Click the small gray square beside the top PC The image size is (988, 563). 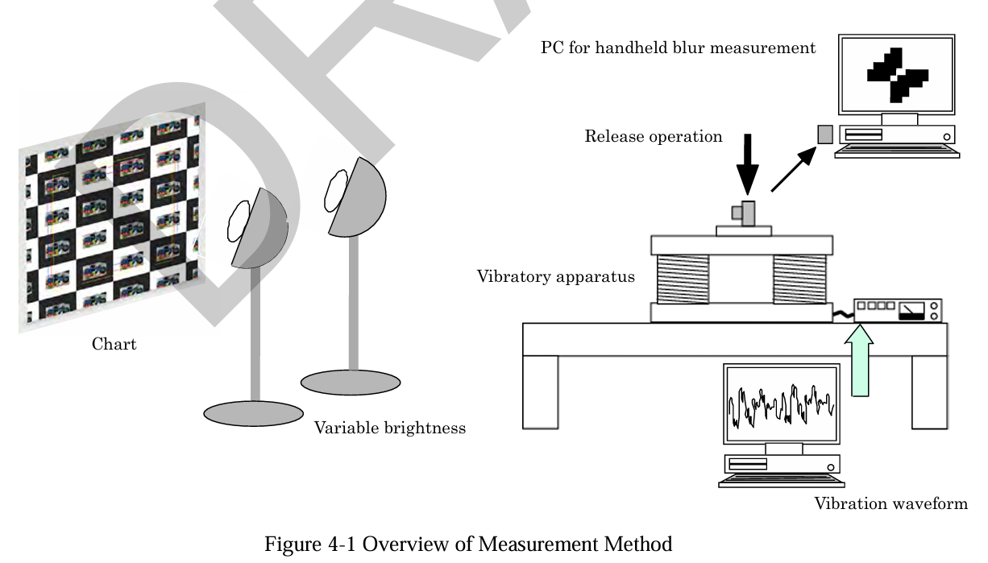824,134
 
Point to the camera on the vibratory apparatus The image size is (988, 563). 745,213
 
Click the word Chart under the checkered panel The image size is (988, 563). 114,345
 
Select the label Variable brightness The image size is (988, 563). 389,428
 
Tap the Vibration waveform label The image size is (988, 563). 890,505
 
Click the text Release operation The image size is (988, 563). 653,136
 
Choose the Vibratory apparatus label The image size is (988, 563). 555,277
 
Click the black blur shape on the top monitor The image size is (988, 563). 897,75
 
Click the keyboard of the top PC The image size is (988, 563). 897,152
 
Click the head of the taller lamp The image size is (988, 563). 355,197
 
